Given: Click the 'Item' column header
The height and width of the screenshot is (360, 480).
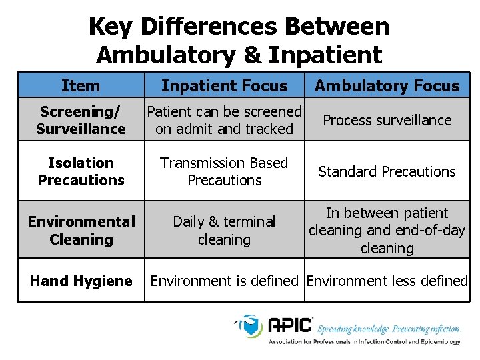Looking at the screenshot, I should tap(81, 85).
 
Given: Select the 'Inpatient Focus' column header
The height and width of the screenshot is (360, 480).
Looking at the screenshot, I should tap(224, 85).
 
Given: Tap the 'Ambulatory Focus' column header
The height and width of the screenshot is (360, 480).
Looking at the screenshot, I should tap(387, 85).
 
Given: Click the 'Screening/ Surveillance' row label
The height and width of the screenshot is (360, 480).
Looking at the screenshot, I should tap(81, 120).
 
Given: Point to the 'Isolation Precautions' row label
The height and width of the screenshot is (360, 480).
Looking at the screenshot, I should tap(81, 171).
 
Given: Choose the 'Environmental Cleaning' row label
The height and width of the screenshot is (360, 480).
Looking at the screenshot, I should tap(81, 230).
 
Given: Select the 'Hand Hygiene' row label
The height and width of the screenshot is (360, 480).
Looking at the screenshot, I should tap(81, 281).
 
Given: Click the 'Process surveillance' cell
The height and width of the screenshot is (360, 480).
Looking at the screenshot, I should tap(387, 120).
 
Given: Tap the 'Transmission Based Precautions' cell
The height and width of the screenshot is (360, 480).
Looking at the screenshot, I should tap(224, 171).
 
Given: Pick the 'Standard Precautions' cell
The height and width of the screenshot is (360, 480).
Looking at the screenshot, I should tap(387, 171).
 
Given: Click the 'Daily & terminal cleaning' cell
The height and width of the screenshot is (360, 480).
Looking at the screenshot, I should tap(224, 230).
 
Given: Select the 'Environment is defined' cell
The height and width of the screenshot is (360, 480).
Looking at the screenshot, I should tap(224, 281).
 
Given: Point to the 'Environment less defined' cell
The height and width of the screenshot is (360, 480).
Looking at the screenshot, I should tap(387, 281).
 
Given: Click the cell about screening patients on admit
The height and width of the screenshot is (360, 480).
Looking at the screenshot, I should tap(224, 120).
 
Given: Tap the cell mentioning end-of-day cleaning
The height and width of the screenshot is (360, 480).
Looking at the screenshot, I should tap(387, 231).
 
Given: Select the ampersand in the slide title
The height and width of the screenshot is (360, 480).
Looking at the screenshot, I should tap(253, 54).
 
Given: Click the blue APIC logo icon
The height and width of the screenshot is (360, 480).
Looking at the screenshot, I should tap(250, 327).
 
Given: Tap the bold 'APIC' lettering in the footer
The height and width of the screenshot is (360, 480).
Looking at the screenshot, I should tap(290, 325).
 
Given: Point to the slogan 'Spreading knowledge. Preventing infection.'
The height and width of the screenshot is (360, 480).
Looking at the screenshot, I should tap(389, 329).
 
